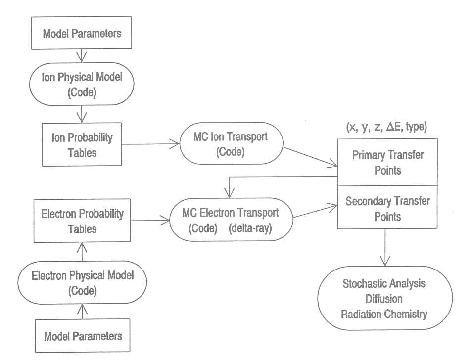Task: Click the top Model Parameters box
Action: [x=82, y=34]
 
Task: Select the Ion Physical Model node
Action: [x=81, y=83]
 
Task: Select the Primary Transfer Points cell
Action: [x=387, y=162]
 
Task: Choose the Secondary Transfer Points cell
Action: [x=387, y=208]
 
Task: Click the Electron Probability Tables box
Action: [x=82, y=221]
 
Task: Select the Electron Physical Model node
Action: [x=83, y=282]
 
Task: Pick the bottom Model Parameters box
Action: [x=83, y=336]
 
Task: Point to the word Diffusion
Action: [x=384, y=299]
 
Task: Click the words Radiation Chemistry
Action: [x=384, y=314]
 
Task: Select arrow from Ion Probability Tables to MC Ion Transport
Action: [x=151, y=144]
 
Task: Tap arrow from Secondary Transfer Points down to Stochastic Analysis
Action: [x=385, y=247]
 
